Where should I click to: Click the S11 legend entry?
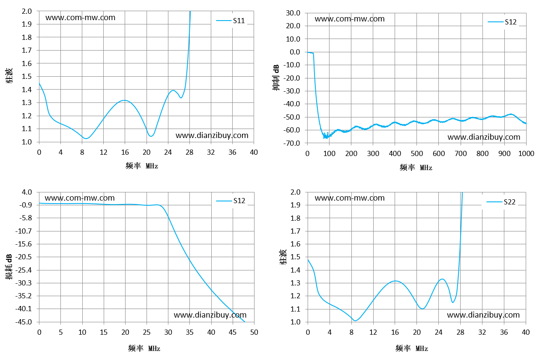tap(231, 21)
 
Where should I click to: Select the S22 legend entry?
tap(501, 202)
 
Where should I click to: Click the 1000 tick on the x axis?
tap(526, 153)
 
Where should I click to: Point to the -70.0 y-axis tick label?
tap(292, 143)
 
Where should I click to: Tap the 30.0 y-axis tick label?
tap(293, 13)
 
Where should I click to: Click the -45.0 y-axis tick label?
tap(24, 322)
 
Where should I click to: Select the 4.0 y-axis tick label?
tap(27, 192)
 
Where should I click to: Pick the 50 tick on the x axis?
tap(254, 332)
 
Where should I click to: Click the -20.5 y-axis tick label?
tap(24, 257)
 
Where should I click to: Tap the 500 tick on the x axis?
tap(416, 153)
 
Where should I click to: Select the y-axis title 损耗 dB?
tap(9, 267)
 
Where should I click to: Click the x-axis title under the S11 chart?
tap(142, 165)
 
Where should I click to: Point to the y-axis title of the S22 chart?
tap(283, 257)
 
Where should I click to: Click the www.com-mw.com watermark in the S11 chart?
tap(81, 18)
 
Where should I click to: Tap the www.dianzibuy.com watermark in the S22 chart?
tap(483, 315)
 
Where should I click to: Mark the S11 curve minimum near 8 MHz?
tap(86, 138)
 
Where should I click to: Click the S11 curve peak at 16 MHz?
tap(124, 100)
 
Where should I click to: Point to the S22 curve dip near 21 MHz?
tap(422, 309)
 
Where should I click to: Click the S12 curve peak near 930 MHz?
tap(511, 114)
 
